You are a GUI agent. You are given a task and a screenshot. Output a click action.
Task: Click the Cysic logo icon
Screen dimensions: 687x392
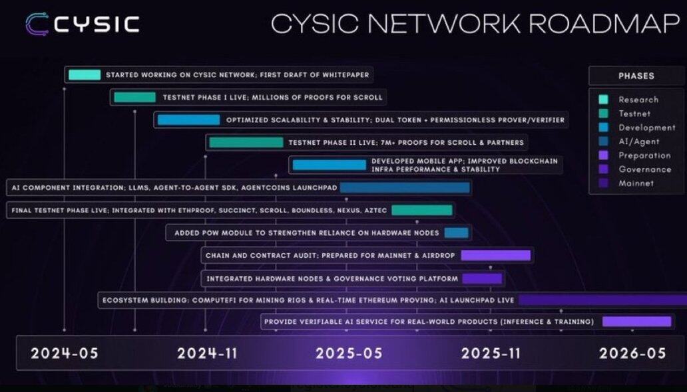click(37, 24)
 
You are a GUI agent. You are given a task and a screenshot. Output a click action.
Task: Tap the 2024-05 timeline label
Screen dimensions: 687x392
click(65, 353)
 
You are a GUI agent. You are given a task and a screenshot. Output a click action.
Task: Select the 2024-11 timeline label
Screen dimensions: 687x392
click(207, 353)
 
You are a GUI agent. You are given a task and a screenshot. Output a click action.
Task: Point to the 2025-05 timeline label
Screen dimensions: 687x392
click(349, 353)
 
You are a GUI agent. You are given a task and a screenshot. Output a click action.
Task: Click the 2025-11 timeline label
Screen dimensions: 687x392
click(491, 353)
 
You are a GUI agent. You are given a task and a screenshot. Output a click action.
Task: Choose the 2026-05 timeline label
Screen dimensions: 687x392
click(632, 353)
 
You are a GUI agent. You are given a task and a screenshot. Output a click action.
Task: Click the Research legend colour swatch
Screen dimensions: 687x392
click(603, 99)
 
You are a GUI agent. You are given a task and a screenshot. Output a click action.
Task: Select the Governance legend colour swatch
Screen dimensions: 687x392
click(603, 169)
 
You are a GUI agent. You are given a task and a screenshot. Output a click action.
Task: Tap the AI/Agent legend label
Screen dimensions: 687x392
click(639, 142)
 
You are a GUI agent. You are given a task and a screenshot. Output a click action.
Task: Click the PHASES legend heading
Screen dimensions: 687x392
click(636, 76)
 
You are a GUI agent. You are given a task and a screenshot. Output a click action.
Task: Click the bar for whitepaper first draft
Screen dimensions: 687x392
click(85, 75)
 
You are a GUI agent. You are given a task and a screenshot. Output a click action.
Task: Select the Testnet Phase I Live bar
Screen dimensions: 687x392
click(135, 97)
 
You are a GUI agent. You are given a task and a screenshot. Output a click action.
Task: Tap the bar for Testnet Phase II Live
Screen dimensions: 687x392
click(246, 142)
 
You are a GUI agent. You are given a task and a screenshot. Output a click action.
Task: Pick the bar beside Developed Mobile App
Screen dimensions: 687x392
click(330, 165)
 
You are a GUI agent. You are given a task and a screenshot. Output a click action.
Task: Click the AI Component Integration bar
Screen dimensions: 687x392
click(405, 187)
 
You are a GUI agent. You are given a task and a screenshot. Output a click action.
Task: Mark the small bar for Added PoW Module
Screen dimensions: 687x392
click(457, 233)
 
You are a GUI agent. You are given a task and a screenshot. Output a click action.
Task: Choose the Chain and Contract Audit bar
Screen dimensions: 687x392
click(495, 256)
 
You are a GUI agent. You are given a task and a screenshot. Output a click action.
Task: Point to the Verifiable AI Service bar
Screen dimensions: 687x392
click(636, 322)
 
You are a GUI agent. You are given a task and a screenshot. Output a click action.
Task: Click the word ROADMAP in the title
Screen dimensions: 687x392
click(604, 24)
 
